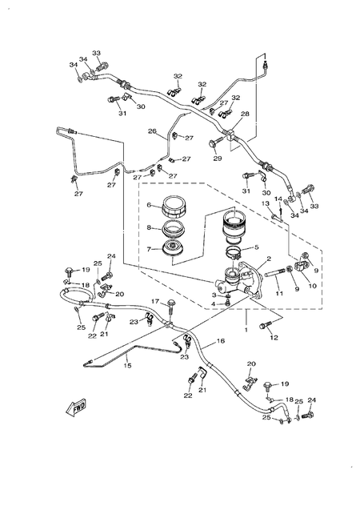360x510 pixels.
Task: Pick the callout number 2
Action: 270,259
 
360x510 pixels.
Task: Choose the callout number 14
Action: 278,199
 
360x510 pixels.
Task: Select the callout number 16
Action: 221,341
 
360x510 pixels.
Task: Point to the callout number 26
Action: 150,131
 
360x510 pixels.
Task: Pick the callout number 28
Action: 246,114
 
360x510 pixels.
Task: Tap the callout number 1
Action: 246,329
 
